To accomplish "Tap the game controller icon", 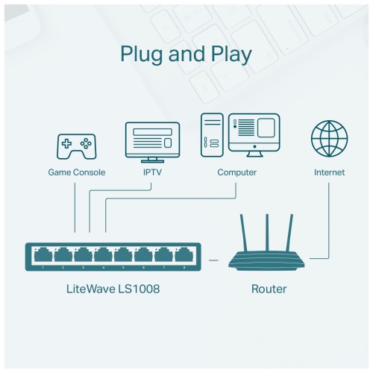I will coord(76,146).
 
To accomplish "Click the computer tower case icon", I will coord(212,135).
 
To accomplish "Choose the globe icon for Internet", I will coord(329,139).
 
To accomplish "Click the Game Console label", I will coord(76,172).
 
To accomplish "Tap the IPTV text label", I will coord(152,172).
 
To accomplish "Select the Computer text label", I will coord(236,172).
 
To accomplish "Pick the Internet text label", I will coord(329,172).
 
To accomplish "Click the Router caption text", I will coord(268,288).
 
